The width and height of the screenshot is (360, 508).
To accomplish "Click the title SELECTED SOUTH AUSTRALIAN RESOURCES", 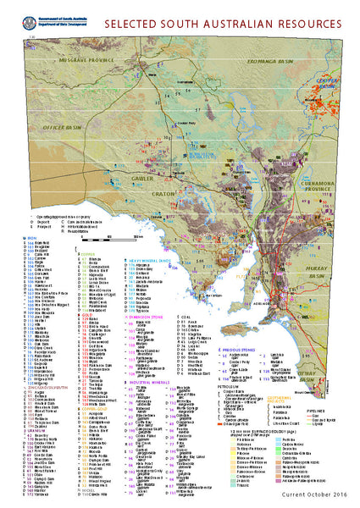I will pos(224,19).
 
